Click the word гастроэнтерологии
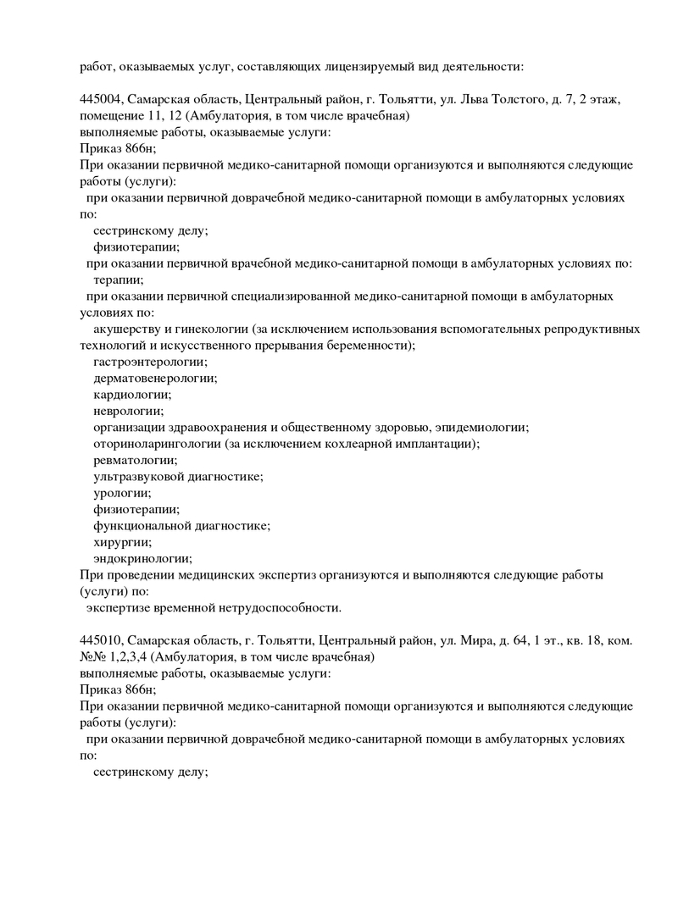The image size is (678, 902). [x=149, y=362]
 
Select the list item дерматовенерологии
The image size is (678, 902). [x=154, y=378]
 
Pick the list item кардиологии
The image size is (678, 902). [x=131, y=395]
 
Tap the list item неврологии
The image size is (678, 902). [x=128, y=411]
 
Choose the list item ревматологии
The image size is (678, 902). [x=135, y=460]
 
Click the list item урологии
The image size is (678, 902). [x=122, y=493]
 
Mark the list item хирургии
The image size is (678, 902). [x=122, y=542]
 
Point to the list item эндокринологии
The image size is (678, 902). [x=142, y=558]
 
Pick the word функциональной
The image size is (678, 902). [x=142, y=526]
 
